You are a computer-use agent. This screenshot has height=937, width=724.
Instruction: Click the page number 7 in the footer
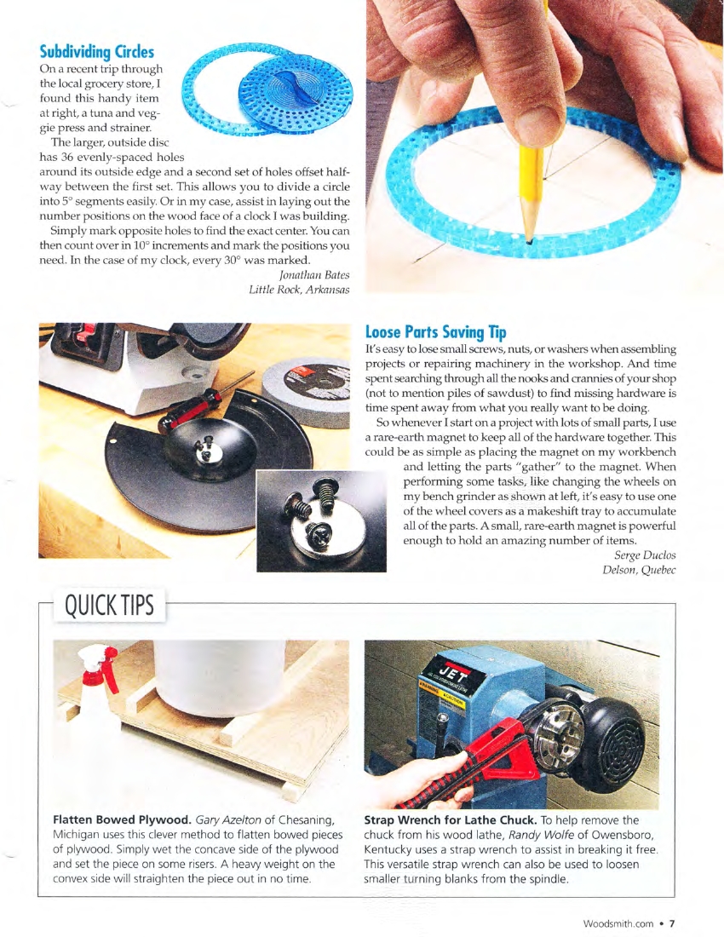point(672,923)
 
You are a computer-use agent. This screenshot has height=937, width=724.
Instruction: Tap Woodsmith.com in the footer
point(618,923)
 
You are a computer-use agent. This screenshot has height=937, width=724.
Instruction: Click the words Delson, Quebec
point(639,570)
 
